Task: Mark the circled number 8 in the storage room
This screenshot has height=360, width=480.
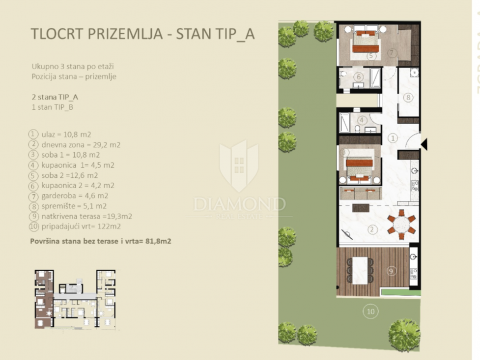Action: pyautogui.click(x=408, y=96)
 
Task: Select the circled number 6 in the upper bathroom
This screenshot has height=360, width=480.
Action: pyautogui.click(x=358, y=76)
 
